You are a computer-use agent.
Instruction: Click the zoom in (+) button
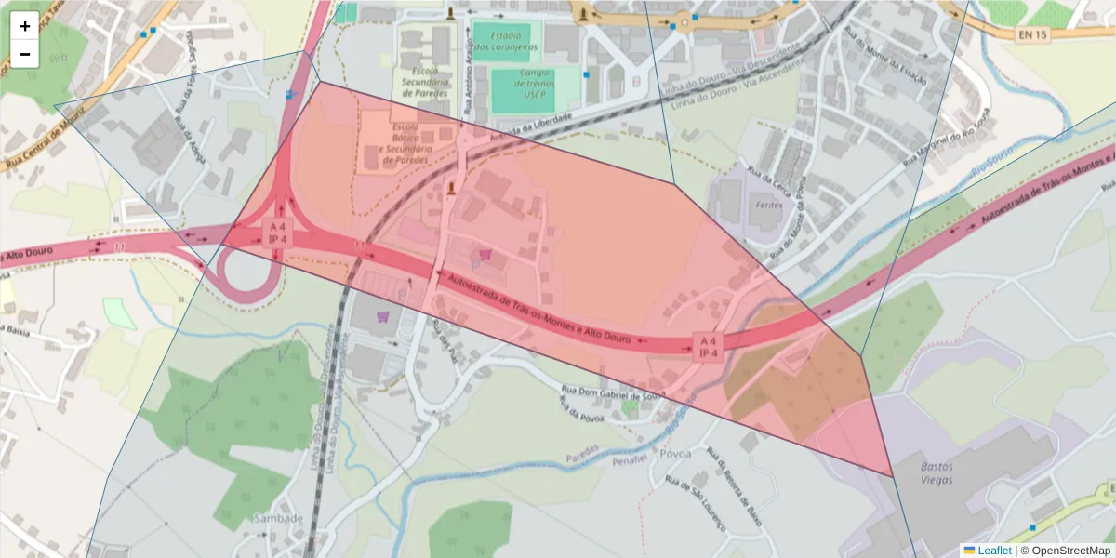tap(25, 26)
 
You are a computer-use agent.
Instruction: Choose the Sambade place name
tap(279, 518)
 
